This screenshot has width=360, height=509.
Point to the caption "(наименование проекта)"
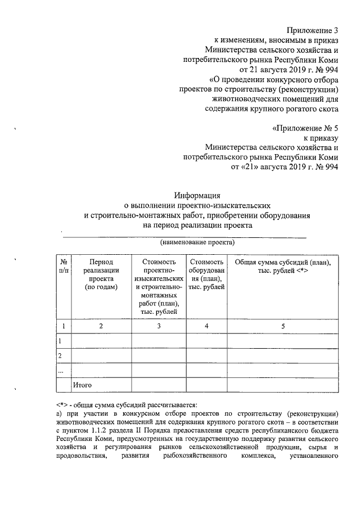tap(197, 243)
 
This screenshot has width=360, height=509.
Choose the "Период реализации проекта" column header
tap(101, 275)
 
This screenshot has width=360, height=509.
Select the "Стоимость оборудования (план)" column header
tap(206, 275)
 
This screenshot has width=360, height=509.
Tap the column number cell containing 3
tap(159, 326)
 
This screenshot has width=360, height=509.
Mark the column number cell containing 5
tap(282, 326)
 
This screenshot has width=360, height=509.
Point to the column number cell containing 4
tap(206, 326)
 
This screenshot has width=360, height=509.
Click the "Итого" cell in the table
tap(82, 385)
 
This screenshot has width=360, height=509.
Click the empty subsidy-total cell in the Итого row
tap(282, 385)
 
